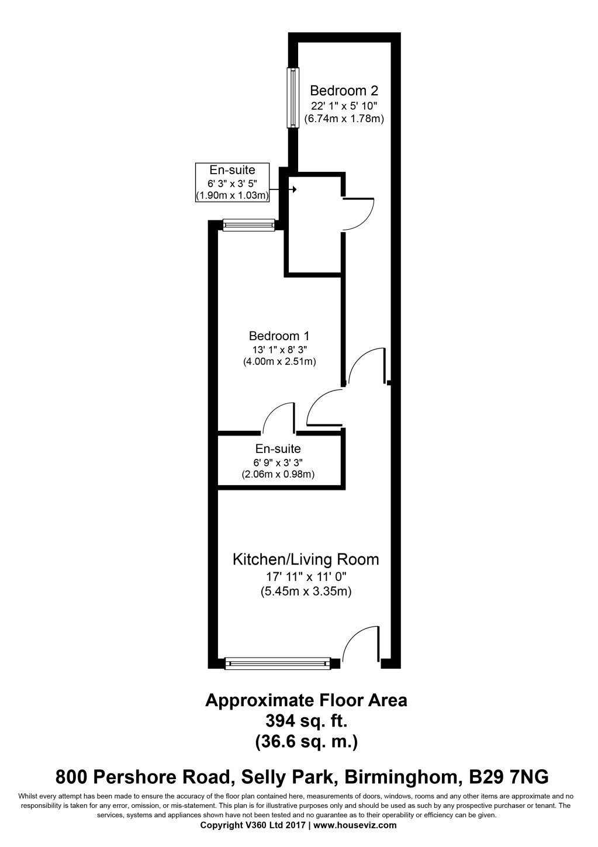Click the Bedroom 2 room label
click(344, 91)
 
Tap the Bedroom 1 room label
click(279, 336)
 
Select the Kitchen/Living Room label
click(306, 559)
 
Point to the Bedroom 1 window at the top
click(249, 223)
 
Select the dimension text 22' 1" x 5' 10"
click(344, 106)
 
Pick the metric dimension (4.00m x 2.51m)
click(279, 362)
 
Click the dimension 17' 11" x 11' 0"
click(306, 578)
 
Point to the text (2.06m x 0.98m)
click(278, 475)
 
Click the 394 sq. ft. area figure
click(306, 720)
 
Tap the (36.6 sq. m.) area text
click(306, 742)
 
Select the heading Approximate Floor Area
click(306, 700)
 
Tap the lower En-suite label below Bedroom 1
click(278, 449)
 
